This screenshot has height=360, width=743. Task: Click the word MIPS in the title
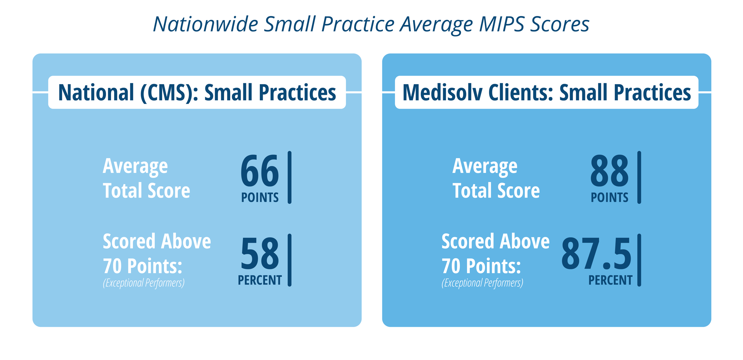pyautogui.click(x=502, y=24)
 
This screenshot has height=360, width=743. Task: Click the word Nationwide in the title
pyautogui.click(x=205, y=24)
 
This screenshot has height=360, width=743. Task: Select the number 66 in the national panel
pyautogui.click(x=260, y=171)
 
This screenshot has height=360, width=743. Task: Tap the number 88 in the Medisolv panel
pyautogui.click(x=609, y=171)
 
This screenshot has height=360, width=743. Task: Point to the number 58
pyautogui.click(x=260, y=253)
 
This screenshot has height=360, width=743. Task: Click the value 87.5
pyautogui.click(x=596, y=253)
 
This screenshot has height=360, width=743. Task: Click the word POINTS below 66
pyautogui.click(x=260, y=198)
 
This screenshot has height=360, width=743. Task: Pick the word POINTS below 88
pyautogui.click(x=609, y=198)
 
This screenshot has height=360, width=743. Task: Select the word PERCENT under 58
pyautogui.click(x=260, y=280)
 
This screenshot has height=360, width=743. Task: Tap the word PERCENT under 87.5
pyautogui.click(x=610, y=280)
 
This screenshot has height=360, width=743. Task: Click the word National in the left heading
pyautogui.click(x=96, y=93)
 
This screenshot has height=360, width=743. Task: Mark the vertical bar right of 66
pyautogui.click(x=290, y=177)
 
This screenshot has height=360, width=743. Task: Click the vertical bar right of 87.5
pyautogui.click(x=639, y=260)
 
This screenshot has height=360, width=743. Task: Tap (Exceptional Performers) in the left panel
pyautogui.click(x=144, y=283)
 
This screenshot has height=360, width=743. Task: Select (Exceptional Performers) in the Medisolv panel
pyautogui.click(x=482, y=283)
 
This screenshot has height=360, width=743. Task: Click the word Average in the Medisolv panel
pyautogui.click(x=485, y=166)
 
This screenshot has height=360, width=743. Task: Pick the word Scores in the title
pyautogui.click(x=559, y=24)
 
